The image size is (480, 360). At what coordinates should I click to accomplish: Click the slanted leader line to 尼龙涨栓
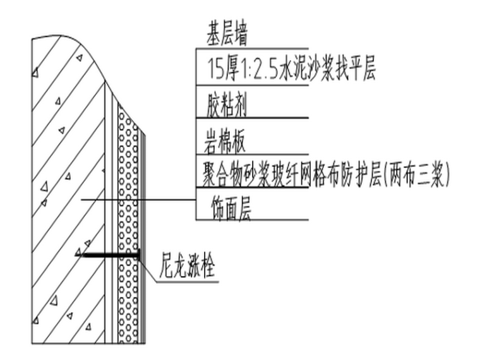[148, 270]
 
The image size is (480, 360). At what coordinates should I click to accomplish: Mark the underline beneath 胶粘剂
[253, 118]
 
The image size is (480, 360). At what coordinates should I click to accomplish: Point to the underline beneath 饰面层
[253, 221]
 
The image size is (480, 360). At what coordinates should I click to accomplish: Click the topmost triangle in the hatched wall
[78, 59]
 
